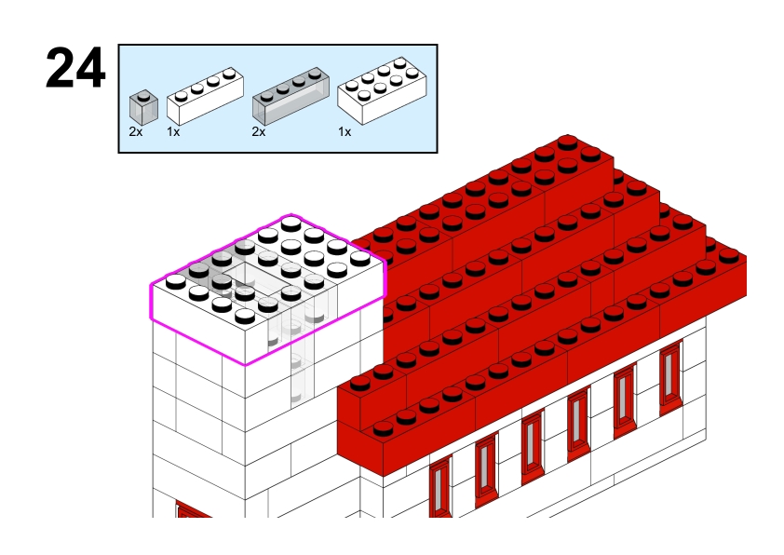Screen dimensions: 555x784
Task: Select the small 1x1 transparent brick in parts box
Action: (x=142, y=106)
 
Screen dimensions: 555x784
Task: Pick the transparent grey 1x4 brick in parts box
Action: (x=291, y=97)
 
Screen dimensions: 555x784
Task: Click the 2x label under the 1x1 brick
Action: (x=136, y=132)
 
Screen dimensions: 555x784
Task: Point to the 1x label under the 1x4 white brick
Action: (x=173, y=132)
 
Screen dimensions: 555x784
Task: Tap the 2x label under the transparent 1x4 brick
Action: (x=259, y=132)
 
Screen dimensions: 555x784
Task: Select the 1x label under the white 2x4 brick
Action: (x=345, y=132)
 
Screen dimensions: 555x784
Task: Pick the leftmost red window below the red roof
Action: (x=439, y=486)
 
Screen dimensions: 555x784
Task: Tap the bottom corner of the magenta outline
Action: (x=244, y=364)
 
